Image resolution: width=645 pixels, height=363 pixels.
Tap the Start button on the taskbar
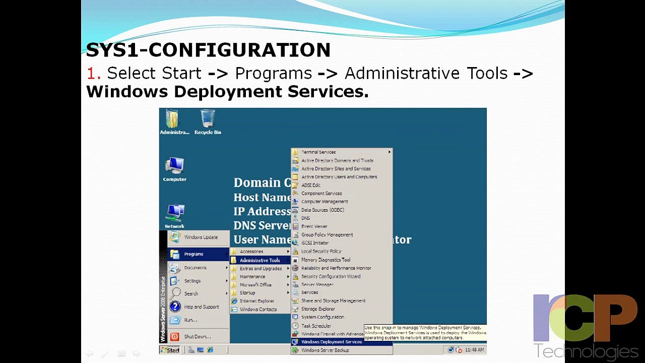click(170, 349)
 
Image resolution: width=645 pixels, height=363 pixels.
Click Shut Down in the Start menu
click(197, 336)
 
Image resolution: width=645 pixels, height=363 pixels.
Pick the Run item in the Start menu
click(190, 320)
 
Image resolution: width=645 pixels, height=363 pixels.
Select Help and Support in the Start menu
click(201, 307)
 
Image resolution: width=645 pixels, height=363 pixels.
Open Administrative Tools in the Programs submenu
click(260, 260)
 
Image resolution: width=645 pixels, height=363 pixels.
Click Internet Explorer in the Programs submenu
click(256, 301)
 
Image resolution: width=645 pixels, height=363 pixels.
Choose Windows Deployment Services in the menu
click(331, 342)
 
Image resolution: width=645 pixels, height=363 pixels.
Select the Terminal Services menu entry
click(318, 152)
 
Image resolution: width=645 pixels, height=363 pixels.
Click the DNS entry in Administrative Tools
click(305, 218)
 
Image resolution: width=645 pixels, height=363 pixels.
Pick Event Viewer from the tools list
click(314, 226)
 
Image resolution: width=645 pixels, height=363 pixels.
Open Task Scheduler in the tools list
click(316, 326)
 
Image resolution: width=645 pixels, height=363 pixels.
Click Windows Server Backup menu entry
click(325, 350)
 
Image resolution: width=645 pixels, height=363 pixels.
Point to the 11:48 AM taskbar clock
click(474, 349)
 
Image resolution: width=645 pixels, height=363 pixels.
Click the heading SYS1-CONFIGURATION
click(208, 50)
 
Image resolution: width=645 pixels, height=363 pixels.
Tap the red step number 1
click(93, 74)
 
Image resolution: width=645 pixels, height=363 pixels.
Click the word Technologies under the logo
click(586, 351)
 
